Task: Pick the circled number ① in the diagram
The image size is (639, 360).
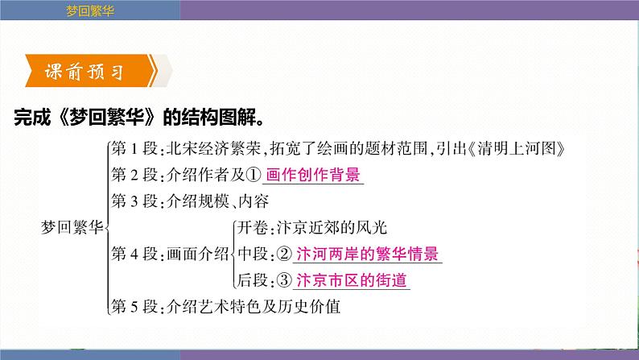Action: [x=254, y=175]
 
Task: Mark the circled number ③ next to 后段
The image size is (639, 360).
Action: [x=283, y=280]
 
